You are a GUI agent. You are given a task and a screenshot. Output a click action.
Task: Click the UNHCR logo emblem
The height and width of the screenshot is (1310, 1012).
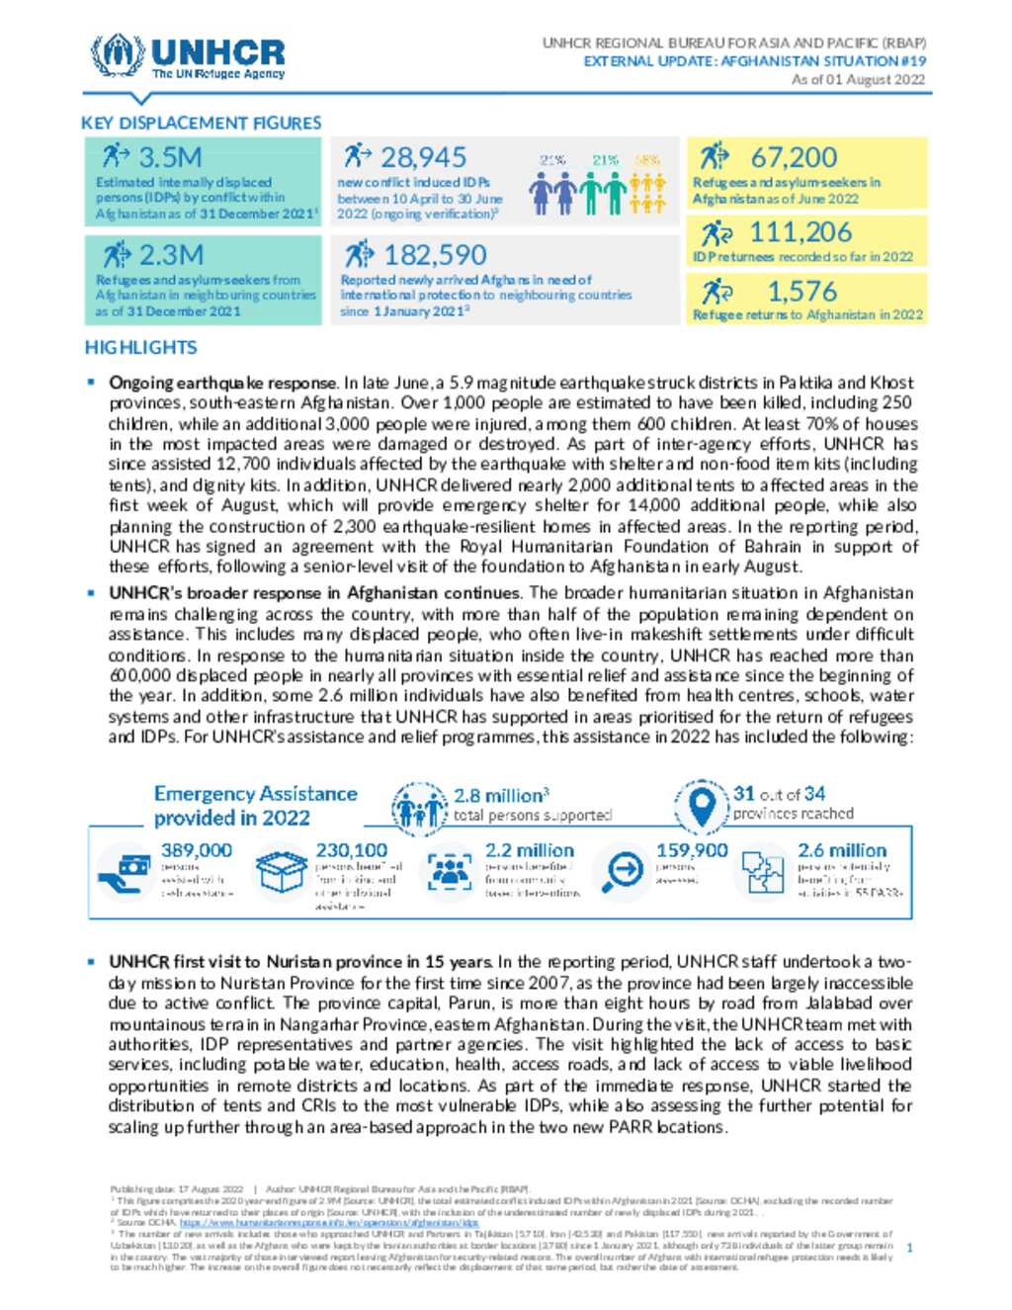117,55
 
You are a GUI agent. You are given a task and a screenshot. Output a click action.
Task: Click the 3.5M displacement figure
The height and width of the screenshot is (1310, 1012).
170,157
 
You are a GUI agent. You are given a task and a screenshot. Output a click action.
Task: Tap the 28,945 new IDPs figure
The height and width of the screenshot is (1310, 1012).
423,157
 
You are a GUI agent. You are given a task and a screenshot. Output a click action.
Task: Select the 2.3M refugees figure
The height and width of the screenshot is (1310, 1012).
171,255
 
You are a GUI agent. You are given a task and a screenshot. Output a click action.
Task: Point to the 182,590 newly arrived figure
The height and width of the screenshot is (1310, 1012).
435,255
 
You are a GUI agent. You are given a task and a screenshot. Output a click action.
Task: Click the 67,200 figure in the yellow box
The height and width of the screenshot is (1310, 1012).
794,157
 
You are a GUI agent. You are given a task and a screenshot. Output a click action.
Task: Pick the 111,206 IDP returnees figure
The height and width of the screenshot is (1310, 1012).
801,232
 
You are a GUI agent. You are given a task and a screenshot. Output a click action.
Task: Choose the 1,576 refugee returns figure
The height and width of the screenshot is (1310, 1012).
801,292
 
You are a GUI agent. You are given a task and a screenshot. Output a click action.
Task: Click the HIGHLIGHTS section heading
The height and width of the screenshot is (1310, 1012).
140,348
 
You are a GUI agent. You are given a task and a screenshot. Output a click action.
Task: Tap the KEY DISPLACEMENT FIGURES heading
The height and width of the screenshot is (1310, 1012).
201,124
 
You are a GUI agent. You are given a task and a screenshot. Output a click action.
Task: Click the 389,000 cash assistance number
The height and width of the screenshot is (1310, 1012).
197,850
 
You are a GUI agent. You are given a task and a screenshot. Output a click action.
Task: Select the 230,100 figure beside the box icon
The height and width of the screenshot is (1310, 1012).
351,850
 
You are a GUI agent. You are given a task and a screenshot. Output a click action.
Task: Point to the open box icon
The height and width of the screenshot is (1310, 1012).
281,871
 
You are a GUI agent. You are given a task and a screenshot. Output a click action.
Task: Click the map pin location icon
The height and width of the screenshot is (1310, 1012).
702,804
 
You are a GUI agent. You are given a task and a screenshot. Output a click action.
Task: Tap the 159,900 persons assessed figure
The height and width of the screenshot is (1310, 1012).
692,850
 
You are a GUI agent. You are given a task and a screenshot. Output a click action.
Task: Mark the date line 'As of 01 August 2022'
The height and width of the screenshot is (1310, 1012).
858,79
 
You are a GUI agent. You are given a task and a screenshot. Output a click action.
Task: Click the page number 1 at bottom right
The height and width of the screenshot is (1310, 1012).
909,1248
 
